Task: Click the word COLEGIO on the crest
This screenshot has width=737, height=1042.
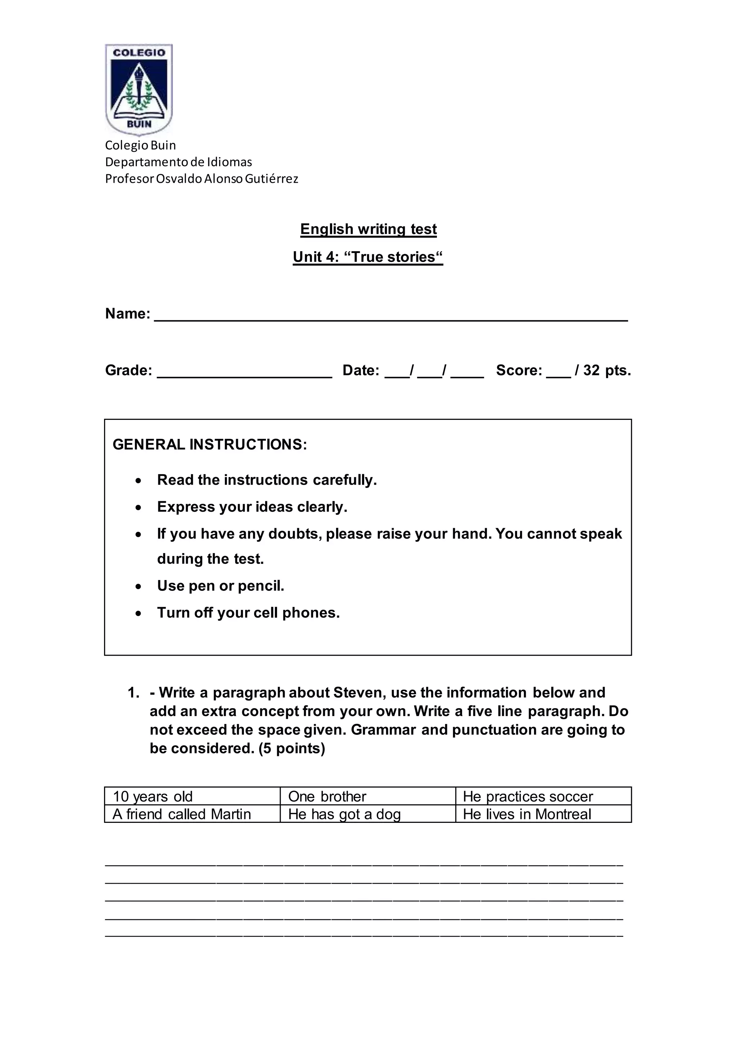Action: point(139,53)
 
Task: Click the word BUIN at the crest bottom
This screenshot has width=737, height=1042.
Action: point(139,123)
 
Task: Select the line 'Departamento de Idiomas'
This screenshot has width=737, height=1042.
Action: point(178,162)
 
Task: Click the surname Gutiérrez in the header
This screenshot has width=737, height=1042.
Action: point(271,179)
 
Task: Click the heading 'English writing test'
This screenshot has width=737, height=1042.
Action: point(368,229)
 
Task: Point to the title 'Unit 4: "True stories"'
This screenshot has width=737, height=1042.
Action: point(367,257)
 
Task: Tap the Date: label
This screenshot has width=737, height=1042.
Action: point(360,370)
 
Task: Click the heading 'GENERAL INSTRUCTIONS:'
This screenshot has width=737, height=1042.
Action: point(210,444)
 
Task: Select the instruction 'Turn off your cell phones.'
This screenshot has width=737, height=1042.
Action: point(248,613)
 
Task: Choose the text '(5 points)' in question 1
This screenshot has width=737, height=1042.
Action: point(292,748)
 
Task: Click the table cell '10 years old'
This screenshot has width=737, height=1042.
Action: point(153,797)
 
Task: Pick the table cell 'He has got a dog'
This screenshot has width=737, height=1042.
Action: point(344,814)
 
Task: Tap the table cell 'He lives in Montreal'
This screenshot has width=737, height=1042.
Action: point(526,814)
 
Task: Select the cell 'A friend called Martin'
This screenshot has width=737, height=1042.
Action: point(181,814)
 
